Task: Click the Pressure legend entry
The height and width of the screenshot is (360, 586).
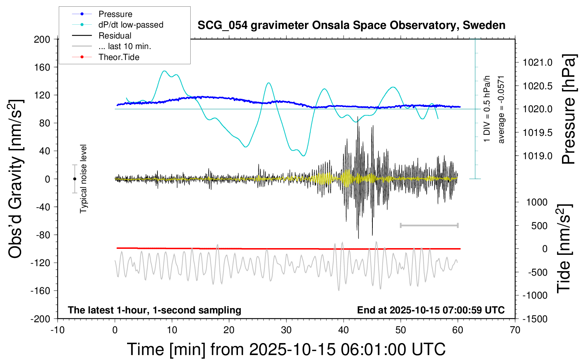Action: (x=115, y=14)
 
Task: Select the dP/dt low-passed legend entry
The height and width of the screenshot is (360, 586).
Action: (x=131, y=25)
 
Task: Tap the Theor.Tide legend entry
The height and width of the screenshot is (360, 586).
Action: (x=119, y=57)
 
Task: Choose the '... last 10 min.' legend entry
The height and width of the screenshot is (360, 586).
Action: (x=125, y=46)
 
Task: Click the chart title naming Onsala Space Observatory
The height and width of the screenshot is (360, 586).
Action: (x=351, y=25)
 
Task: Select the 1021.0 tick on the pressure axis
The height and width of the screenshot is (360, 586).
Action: (x=537, y=62)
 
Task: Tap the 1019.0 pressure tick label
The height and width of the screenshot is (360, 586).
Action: (x=537, y=156)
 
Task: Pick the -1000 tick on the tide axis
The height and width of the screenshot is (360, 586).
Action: (x=537, y=295)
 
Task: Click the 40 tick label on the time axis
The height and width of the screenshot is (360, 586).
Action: (x=343, y=330)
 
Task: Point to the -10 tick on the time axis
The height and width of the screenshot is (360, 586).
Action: (x=58, y=330)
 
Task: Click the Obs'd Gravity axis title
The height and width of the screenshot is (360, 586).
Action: (x=16, y=179)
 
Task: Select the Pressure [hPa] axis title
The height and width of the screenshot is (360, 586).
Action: (x=569, y=109)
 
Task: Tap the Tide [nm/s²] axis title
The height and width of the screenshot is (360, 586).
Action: (x=564, y=248)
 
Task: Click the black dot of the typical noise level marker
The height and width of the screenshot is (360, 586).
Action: (x=74, y=179)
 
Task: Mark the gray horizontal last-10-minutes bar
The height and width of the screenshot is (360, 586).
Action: (x=429, y=225)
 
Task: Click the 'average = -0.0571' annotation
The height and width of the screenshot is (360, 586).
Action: (x=501, y=109)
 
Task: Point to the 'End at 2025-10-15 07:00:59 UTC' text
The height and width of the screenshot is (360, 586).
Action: (x=431, y=310)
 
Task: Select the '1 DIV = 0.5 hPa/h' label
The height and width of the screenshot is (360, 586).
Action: (x=487, y=109)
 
